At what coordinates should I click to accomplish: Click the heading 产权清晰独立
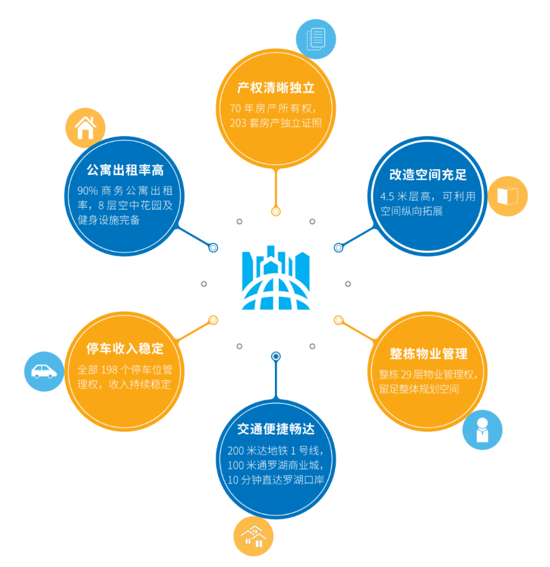click(276, 88)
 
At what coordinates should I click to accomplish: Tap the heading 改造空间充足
click(428, 176)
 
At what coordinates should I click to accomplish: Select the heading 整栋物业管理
click(429, 354)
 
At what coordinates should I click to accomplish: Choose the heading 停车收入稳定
click(125, 348)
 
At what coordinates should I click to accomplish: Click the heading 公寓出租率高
click(125, 170)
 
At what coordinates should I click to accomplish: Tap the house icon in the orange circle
click(85, 128)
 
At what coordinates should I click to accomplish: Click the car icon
click(44, 371)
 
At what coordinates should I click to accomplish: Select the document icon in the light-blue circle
click(316, 37)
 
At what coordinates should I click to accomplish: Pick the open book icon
click(508, 196)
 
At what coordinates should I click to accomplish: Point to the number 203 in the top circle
click(240, 121)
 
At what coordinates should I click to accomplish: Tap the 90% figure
click(87, 190)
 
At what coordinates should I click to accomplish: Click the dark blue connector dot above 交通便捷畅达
click(276, 356)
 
